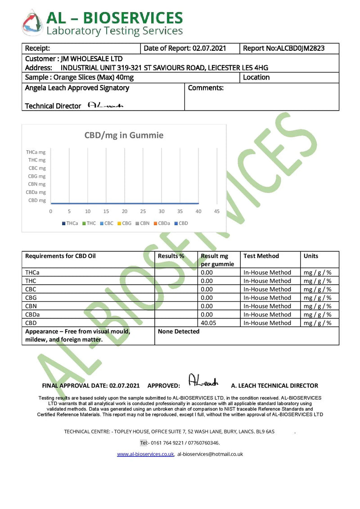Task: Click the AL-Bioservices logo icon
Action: pyautogui.click(x=33, y=22)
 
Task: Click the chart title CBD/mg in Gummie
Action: pyautogui.click(x=124, y=135)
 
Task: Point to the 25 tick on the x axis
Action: pyautogui.click(x=143, y=211)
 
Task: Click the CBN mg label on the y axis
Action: pyautogui.click(x=36, y=184)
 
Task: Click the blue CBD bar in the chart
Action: pyautogui.click(x=125, y=203)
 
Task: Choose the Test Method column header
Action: pyautogui.click(x=261, y=256)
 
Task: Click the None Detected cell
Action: pyautogui.click(x=179, y=331)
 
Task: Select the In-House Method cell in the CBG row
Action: pyautogui.click(x=267, y=298)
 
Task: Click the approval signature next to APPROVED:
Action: pyautogui.click(x=202, y=381)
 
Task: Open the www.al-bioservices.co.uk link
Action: pyautogui.click(x=145, y=454)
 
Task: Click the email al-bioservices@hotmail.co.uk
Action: pyautogui.click(x=210, y=454)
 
